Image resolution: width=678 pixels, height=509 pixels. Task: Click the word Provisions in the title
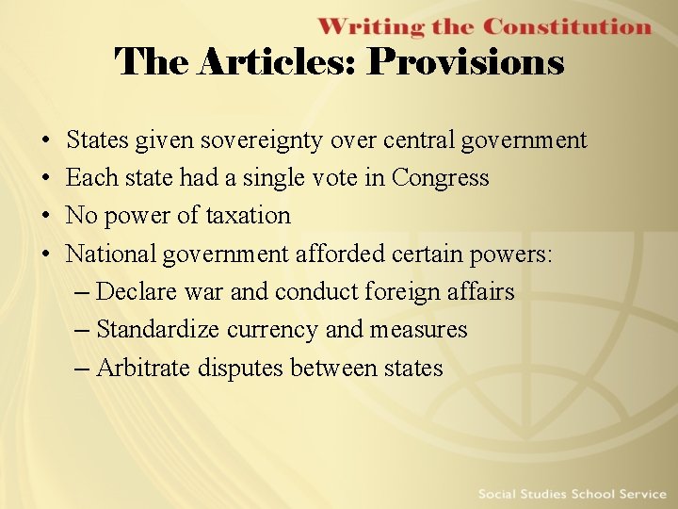(465, 63)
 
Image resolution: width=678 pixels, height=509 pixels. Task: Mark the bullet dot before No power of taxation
(46, 216)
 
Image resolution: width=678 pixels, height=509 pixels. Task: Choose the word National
(111, 254)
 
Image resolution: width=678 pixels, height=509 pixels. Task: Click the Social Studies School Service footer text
(572, 494)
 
